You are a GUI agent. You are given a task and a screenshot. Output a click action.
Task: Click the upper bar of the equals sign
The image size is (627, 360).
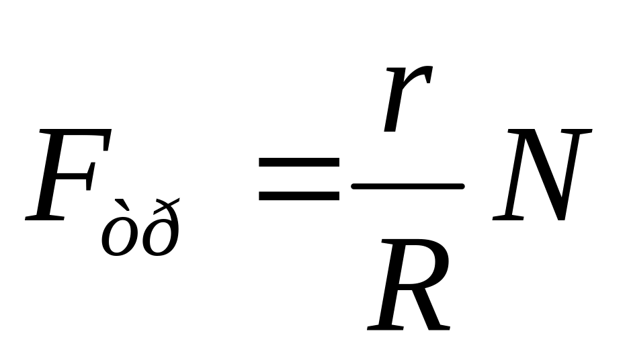tap(299, 163)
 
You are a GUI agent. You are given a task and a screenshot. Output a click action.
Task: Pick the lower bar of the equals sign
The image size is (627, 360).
tap(299, 196)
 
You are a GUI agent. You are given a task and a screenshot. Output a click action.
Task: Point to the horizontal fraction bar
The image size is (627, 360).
tap(408, 185)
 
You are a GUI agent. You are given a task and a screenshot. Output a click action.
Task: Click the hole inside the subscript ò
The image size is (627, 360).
tap(119, 240)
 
